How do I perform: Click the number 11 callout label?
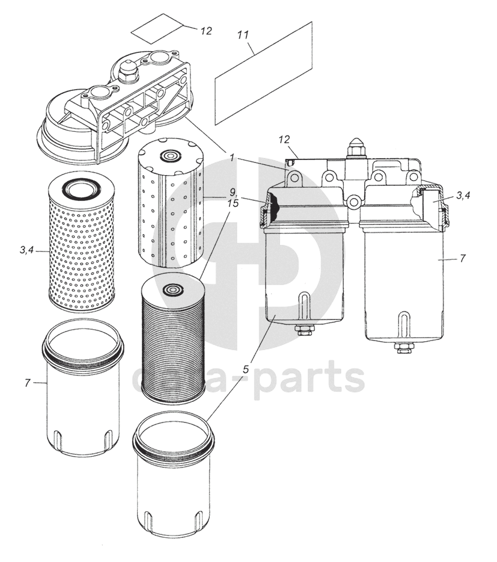[x=243, y=36]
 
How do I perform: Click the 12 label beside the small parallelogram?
[x=206, y=31]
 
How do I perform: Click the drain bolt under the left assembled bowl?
[x=303, y=330]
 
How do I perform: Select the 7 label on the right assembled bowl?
[x=462, y=258]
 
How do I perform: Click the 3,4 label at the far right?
[x=463, y=195]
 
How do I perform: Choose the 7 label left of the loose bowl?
[x=28, y=383]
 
